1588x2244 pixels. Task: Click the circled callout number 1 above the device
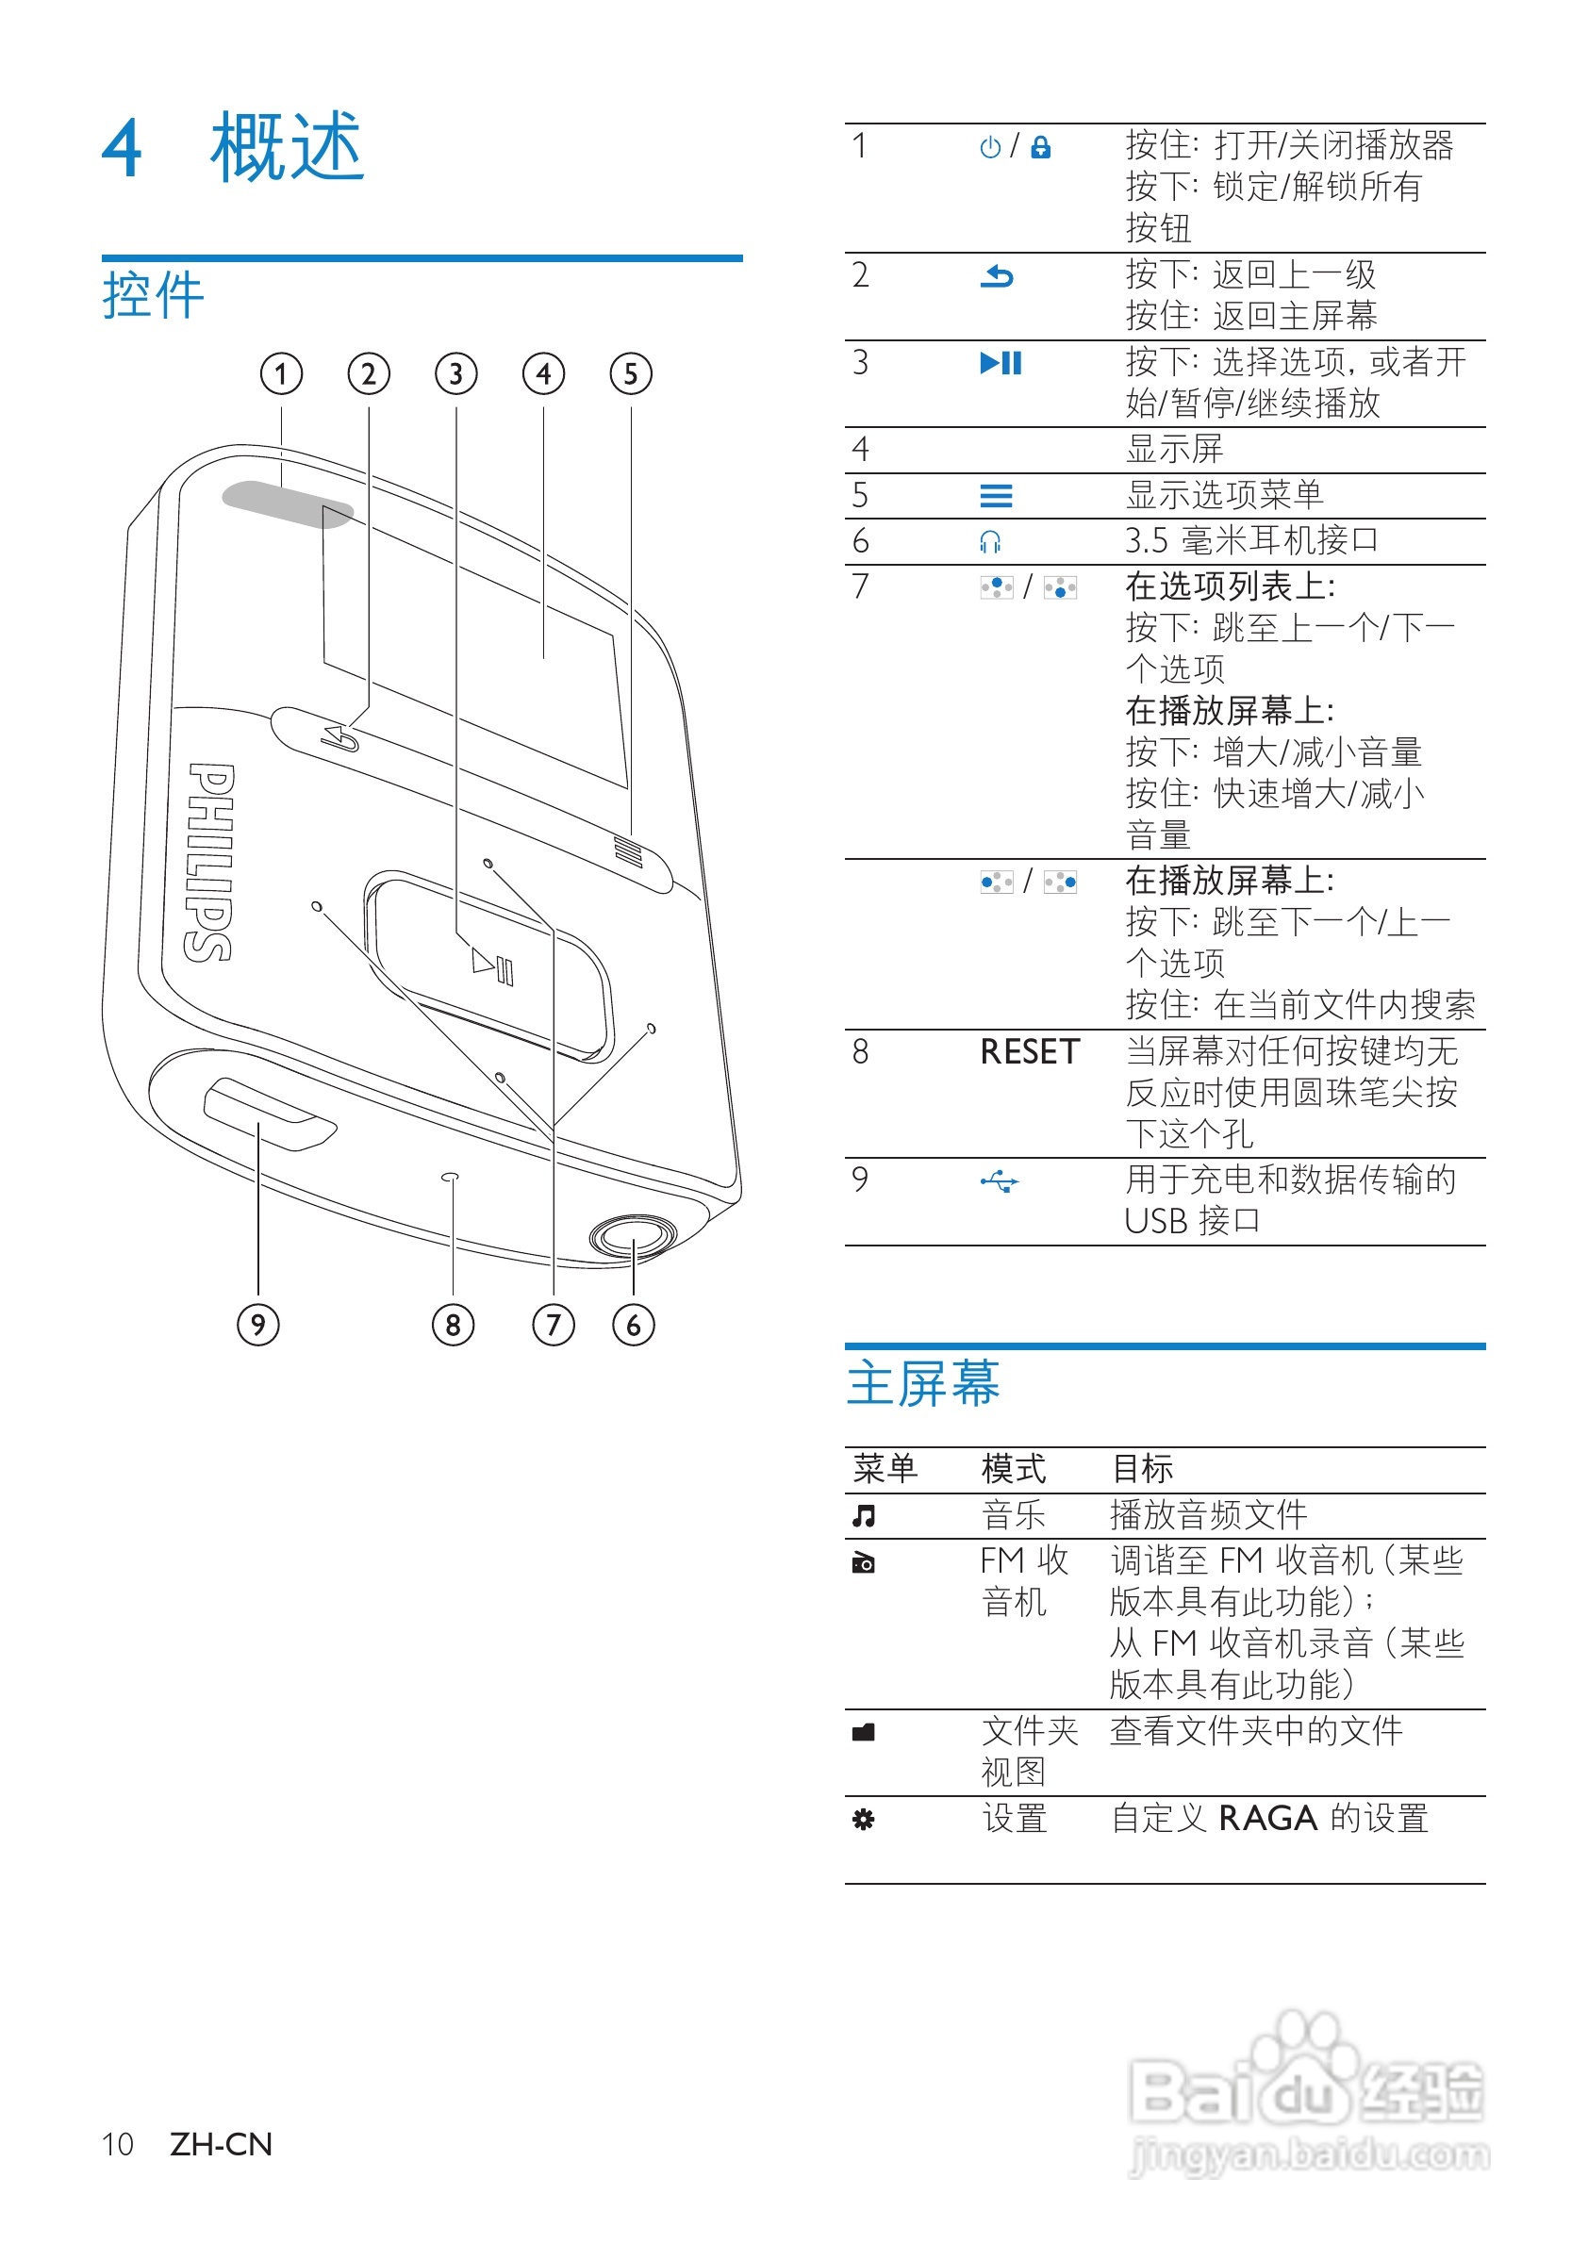coord(282,373)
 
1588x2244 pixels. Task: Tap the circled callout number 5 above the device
coord(631,373)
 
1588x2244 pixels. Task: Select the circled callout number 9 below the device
coord(258,1325)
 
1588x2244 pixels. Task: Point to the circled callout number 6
coord(634,1325)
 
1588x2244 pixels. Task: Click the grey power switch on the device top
coord(288,503)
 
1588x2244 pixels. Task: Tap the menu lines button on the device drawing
coord(628,850)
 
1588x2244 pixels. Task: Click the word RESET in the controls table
coord(1030,1052)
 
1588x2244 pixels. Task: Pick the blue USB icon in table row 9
coord(1000,1182)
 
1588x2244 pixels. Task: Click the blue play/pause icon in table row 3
coord(1001,364)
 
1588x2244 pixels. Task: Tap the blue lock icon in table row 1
coord(1041,148)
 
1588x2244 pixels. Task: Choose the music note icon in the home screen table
coord(864,1515)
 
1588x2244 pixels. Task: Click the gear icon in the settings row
coord(864,1820)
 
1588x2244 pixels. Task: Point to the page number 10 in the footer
coord(117,2144)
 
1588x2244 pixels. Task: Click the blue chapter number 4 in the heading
coord(123,149)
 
